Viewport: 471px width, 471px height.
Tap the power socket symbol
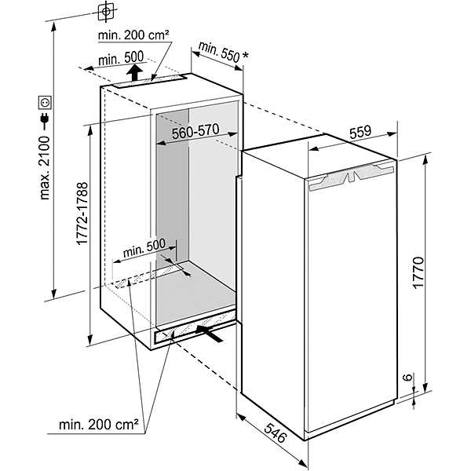(x=44, y=102)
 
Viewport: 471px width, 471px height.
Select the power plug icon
(x=44, y=122)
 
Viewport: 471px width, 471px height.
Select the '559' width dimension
(x=360, y=133)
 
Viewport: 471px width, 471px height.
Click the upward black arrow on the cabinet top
(x=136, y=73)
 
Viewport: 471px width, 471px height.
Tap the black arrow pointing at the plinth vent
(x=213, y=333)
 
